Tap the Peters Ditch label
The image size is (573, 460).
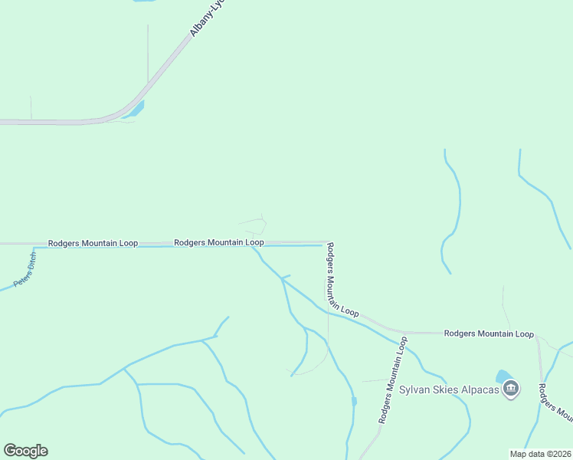[25, 269]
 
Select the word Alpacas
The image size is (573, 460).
[480, 389]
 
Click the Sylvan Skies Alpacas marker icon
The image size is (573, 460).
[512, 389]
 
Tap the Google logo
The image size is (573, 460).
[25, 451]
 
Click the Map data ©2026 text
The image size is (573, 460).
[540, 454]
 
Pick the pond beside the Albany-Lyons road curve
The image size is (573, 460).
[136, 110]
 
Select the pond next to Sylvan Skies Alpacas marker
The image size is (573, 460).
[504, 376]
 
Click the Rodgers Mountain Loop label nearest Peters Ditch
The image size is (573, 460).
[93, 243]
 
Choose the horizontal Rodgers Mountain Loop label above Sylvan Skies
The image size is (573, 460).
[489, 333]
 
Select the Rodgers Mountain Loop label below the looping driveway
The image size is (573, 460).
[219, 242]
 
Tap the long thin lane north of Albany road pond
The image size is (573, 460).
[148, 54]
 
